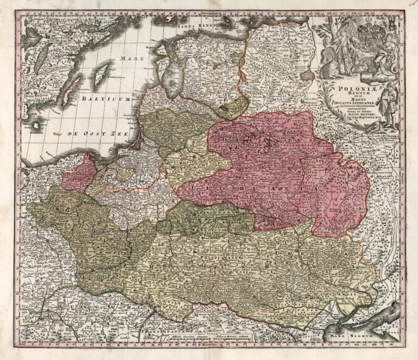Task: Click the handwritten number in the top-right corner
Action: point(411,4)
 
